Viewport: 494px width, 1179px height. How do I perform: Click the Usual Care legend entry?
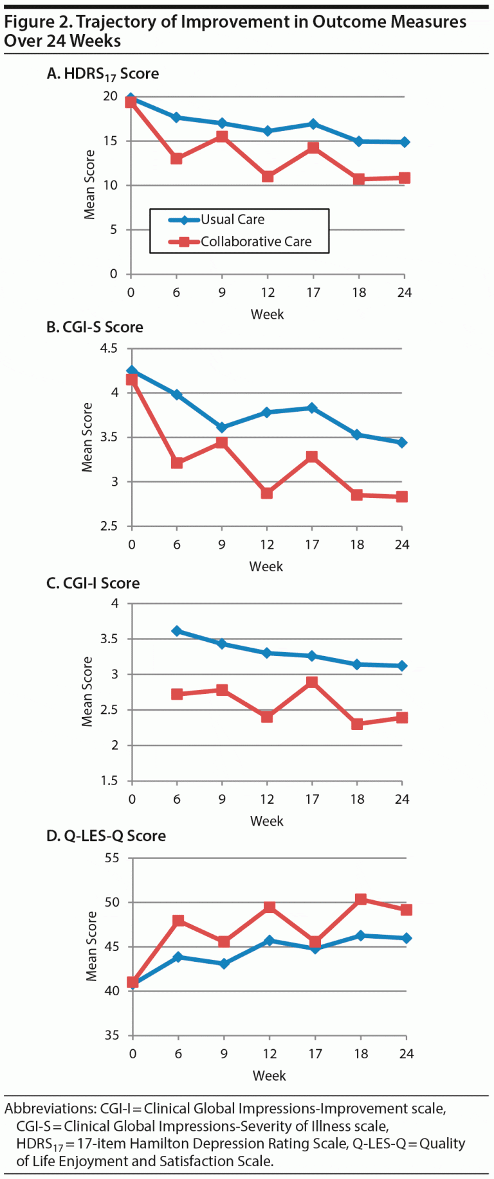pyautogui.click(x=232, y=220)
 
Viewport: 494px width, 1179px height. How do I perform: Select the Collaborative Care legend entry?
pyautogui.click(x=255, y=242)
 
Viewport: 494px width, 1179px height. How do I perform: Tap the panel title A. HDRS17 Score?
pyautogui.click(x=103, y=74)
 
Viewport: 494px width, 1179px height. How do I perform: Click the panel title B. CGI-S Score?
pyautogui.click(x=95, y=327)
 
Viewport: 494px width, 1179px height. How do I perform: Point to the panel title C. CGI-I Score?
pyautogui.click(x=93, y=583)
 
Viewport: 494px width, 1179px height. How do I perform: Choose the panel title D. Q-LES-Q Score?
pyautogui.click(x=106, y=836)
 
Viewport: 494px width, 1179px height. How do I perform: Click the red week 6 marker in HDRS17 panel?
pyautogui.click(x=176, y=159)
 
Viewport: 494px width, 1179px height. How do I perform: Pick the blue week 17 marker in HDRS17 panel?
pyautogui.click(x=313, y=124)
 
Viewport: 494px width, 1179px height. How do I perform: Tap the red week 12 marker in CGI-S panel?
pyautogui.click(x=267, y=493)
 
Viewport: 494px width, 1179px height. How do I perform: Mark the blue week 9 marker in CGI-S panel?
pyautogui.click(x=222, y=427)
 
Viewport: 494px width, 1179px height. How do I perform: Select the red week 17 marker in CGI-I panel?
pyautogui.click(x=312, y=682)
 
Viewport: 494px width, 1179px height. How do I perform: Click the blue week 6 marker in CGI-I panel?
pyautogui.click(x=177, y=631)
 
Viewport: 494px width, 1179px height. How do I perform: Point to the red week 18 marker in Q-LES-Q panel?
pyautogui.click(x=361, y=900)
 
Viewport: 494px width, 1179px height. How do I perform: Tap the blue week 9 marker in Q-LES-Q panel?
pyautogui.click(x=224, y=964)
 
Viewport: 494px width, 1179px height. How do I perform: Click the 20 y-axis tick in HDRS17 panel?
pyautogui.click(x=111, y=96)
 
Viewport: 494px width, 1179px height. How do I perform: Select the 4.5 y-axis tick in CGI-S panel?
pyautogui.click(x=109, y=348)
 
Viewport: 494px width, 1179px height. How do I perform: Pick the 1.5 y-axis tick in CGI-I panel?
pyautogui.click(x=110, y=781)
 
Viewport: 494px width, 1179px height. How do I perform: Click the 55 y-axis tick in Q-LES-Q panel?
pyautogui.click(x=112, y=858)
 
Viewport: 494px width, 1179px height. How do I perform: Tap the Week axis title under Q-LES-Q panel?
pyautogui.click(x=269, y=1076)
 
